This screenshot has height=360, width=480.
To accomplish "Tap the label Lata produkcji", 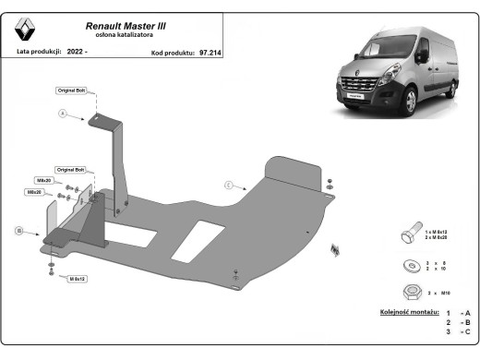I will coord(39,54).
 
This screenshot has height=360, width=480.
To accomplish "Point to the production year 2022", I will coord(77,54).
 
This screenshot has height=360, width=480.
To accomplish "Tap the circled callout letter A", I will coord(64,114).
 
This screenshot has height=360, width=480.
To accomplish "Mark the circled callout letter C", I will coord(227,186).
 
